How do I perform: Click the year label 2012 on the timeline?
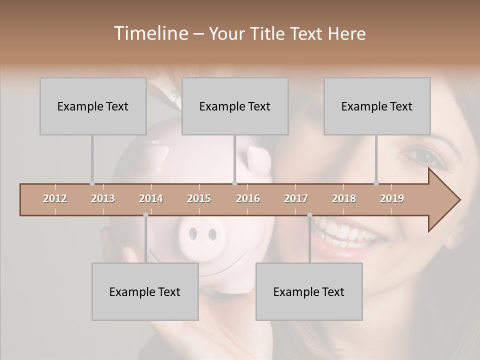pos(55,198)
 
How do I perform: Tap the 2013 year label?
pos(103,198)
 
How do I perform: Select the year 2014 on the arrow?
pos(151,198)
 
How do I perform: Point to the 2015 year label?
pos(199,198)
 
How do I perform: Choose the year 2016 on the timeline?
pos(248,198)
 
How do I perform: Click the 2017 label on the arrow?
pos(296,198)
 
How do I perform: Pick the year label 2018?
pos(344,198)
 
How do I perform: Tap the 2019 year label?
pos(392,198)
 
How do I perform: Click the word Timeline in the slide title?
pos(149,33)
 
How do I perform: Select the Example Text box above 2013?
pos(92,106)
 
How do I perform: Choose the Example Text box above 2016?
pos(234,106)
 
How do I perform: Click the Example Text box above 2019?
pos(376,106)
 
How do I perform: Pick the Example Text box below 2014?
pos(144,291)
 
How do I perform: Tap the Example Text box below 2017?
pos(308,291)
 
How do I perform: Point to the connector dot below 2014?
pos(145,215)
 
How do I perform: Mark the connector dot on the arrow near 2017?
pos(309,215)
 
